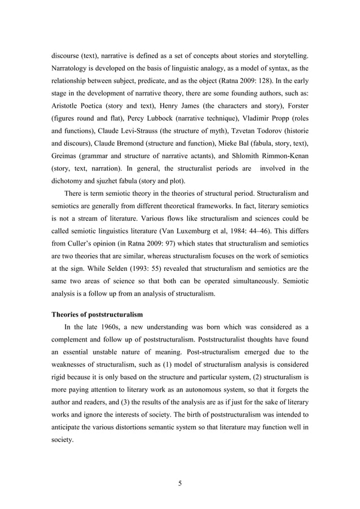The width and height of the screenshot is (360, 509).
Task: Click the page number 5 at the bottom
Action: (179, 482)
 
